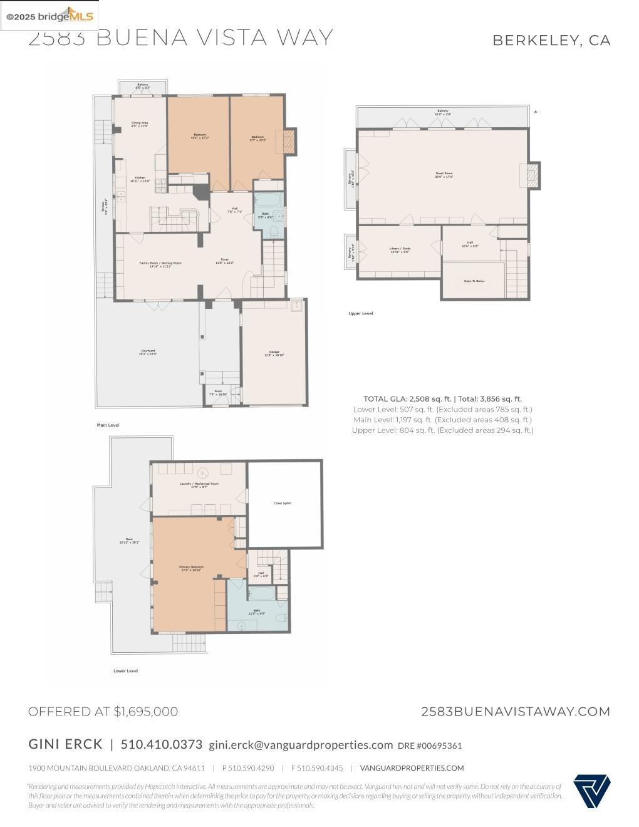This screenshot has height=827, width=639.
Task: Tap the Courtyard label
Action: [148, 352]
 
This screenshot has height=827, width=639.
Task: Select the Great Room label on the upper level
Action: [444, 175]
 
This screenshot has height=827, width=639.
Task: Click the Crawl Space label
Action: [283, 503]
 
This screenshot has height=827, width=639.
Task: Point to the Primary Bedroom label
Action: [191, 568]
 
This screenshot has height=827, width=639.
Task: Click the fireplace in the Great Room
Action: [532, 175]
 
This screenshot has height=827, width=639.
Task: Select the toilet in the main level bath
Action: [274, 232]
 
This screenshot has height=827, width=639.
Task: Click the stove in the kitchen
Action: [160, 184]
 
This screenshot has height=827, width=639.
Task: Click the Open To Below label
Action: [474, 281]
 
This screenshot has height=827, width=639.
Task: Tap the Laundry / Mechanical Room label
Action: [199, 485]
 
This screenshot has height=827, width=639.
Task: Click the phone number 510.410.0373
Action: [162, 744]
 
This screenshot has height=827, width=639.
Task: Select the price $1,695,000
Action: [145, 711]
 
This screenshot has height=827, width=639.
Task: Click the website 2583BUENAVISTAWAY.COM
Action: [515, 711]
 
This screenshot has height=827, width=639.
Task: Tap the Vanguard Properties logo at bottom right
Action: [591, 791]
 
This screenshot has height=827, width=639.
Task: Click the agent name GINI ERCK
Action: [65, 744]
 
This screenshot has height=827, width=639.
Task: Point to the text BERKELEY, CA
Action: [551, 40]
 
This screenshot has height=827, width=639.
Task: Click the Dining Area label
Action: [139, 124]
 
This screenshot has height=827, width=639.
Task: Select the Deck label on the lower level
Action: [129, 541]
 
